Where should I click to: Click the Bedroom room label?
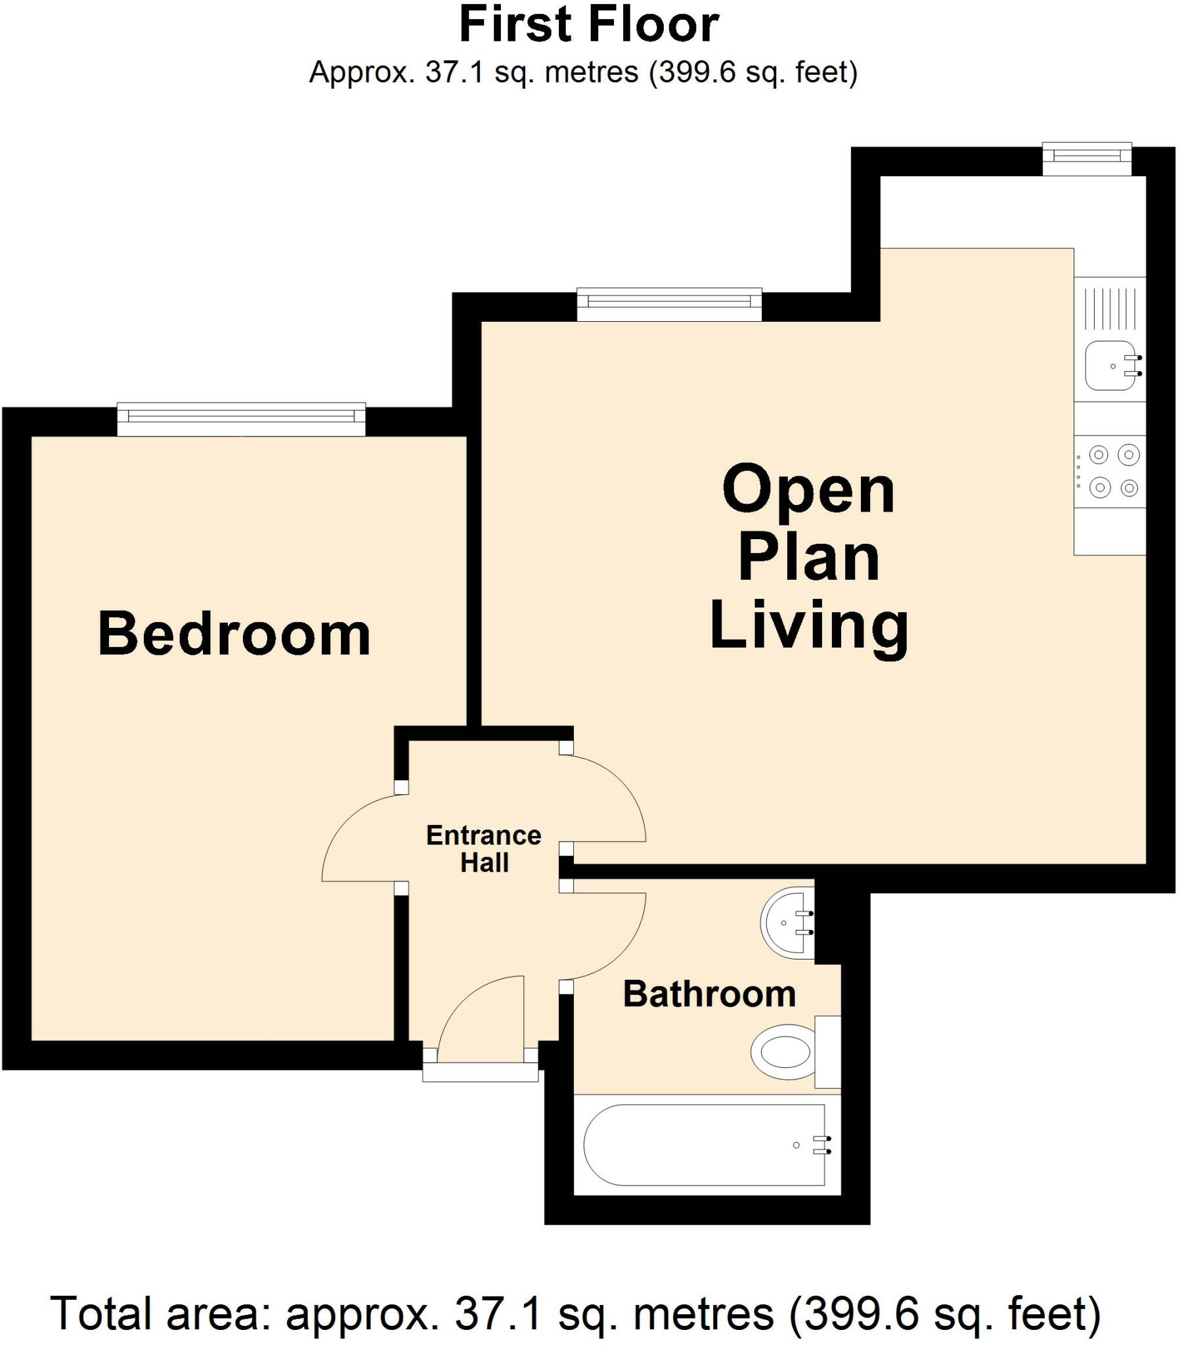tap(234, 634)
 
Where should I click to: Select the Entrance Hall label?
tap(484, 849)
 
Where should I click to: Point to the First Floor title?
tap(588, 25)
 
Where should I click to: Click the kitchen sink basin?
tap(1110, 366)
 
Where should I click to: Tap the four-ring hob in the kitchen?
tap(1110, 472)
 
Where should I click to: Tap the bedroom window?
tap(241, 419)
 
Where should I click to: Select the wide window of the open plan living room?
tap(669, 303)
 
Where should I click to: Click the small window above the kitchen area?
tap(1087, 158)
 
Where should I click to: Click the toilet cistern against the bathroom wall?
tap(827, 1051)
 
